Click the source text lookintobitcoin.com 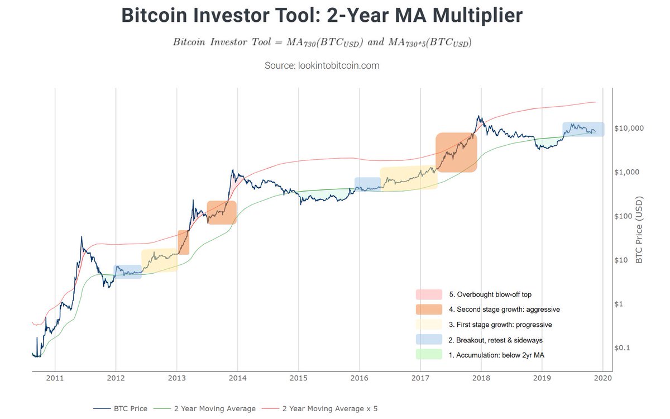click(x=322, y=65)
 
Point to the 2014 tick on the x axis click(x=237, y=378)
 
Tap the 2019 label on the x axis click(x=542, y=378)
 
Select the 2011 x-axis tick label click(x=55, y=378)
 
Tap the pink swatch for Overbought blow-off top click(x=428, y=294)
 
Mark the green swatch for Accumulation click(x=428, y=354)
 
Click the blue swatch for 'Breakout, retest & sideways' click(x=428, y=339)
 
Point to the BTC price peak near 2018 click(x=478, y=117)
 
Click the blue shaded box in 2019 click(x=583, y=129)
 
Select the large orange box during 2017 click(x=456, y=152)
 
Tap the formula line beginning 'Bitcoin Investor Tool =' click(x=322, y=43)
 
